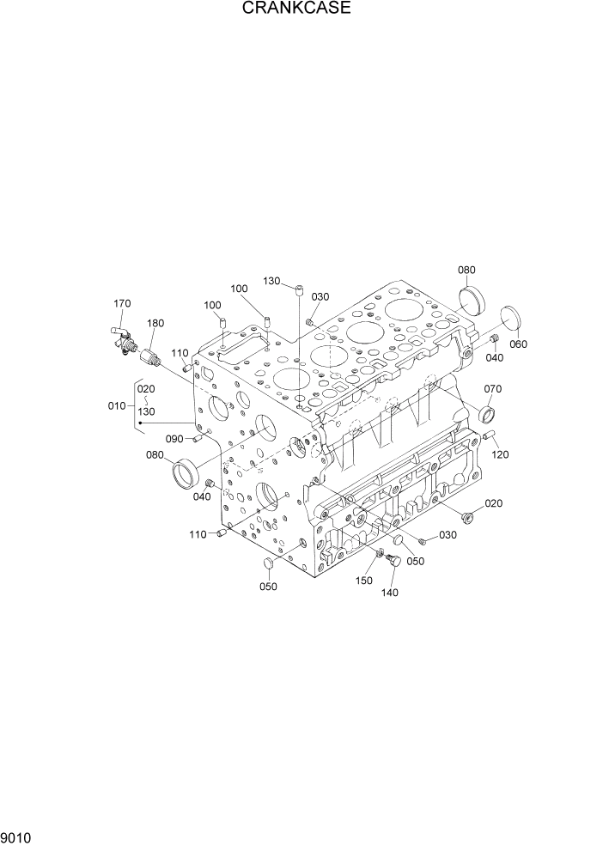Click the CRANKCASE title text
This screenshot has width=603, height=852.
296,9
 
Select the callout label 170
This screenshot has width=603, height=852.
122,302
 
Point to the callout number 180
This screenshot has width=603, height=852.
155,323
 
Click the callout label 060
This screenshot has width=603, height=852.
519,344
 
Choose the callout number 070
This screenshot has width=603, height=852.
492,388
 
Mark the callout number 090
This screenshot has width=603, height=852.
175,439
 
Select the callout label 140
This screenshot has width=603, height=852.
389,592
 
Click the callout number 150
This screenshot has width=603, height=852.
363,581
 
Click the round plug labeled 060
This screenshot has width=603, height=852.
511,317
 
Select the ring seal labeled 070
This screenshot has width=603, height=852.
490,417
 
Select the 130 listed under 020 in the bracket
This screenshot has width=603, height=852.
146,411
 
